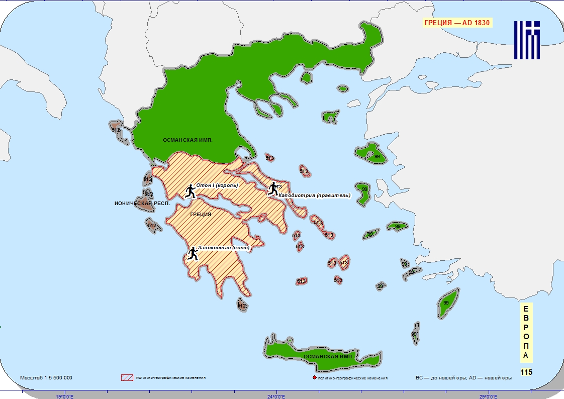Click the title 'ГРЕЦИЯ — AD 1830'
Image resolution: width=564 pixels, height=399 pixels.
point(457,23)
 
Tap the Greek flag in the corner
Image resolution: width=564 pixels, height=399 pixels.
point(527,40)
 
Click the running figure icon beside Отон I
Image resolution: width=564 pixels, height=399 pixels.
point(190,191)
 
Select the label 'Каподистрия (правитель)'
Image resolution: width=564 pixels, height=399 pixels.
point(314,195)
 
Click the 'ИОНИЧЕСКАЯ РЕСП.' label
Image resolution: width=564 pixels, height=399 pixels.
point(142,204)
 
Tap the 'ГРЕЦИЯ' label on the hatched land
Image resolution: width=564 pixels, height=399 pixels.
point(201,214)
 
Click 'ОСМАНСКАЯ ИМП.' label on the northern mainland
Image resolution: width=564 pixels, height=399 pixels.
point(187,140)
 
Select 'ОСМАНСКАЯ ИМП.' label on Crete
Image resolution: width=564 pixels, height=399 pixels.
point(329,356)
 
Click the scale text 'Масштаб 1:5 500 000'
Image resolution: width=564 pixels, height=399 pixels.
point(46,377)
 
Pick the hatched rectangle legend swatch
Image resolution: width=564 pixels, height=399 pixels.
point(127,377)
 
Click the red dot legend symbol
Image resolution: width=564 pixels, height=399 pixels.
point(314,377)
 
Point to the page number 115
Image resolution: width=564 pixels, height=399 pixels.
point(526,372)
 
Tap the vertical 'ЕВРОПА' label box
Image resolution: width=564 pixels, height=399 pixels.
point(526,332)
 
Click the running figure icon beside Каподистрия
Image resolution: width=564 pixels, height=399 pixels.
point(273,188)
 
